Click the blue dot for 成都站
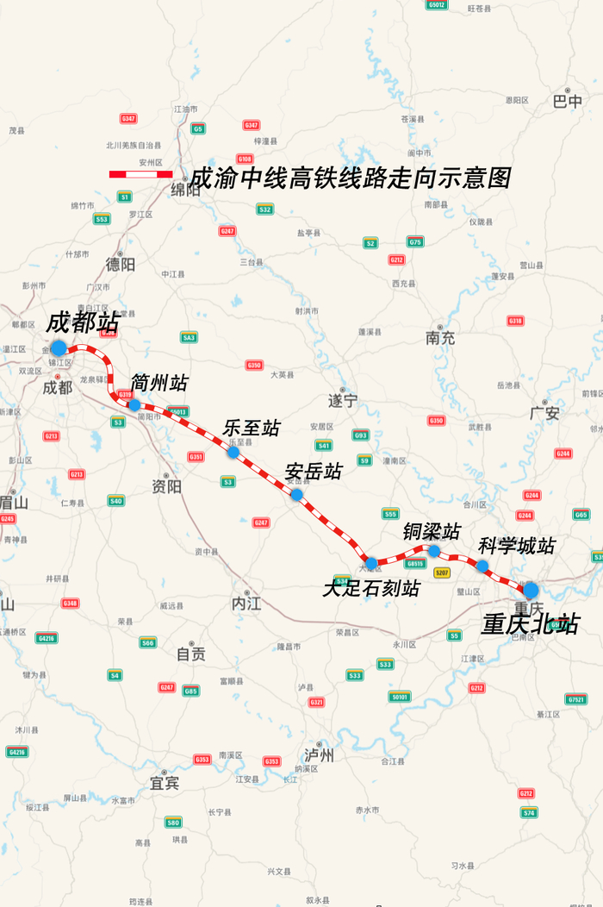(x=58, y=347)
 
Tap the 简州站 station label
(x=159, y=383)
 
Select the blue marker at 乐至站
(x=233, y=452)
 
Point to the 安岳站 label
(x=314, y=472)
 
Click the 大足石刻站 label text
(x=371, y=588)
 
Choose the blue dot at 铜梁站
(x=434, y=551)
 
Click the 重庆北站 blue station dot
(x=531, y=590)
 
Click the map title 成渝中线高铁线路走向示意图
(x=351, y=178)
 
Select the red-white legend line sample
(x=140, y=174)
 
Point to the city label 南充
(x=440, y=338)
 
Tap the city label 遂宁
(x=342, y=401)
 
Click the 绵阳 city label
(x=185, y=191)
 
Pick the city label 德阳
(x=121, y=265)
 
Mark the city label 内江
(x=246, y=603)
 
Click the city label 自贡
(x=191, y=654)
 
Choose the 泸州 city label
(x=319, y=755)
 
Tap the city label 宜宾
(x=165, y=783)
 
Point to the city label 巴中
(x=568, y=101)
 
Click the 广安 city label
(x=545, y=413)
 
